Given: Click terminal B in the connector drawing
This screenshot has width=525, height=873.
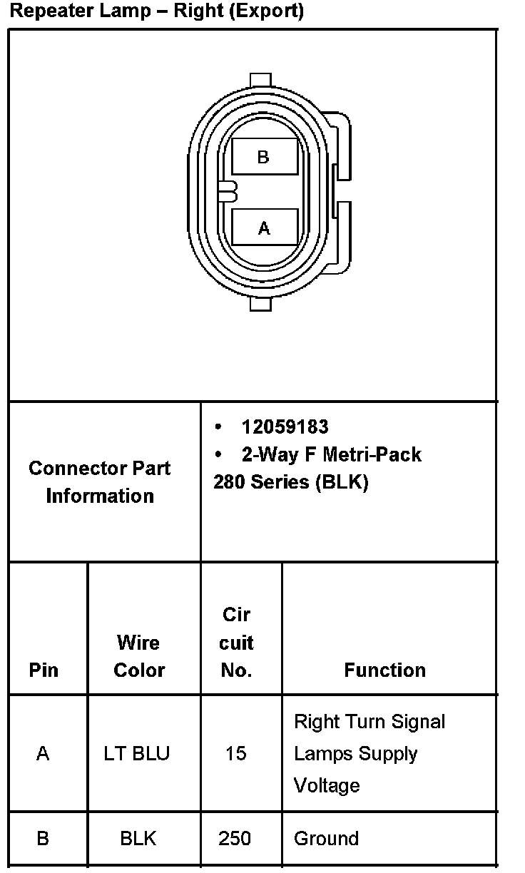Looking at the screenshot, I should [264, 157].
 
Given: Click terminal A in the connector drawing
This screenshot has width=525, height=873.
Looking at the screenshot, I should [265, 228].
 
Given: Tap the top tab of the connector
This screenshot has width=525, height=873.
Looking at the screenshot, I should [261, 80].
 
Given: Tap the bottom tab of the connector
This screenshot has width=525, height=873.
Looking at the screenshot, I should [261, 304].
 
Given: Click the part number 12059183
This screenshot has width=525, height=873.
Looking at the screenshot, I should [285, 427].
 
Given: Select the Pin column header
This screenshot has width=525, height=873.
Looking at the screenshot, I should [44, 670].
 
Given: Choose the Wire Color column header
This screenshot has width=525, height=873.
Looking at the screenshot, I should [139, 656].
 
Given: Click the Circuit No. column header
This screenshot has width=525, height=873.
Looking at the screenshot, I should [236, 643].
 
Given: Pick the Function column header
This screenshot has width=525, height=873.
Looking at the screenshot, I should [384, 670].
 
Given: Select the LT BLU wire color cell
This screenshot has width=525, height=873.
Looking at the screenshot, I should [137, 754].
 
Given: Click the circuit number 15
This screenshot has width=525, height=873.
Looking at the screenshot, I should [235, 754].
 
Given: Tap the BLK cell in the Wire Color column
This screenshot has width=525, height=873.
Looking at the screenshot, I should [138, 839].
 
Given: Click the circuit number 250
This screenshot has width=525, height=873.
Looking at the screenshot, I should [235, 839].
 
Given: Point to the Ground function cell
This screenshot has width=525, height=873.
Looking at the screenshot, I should [326, 839].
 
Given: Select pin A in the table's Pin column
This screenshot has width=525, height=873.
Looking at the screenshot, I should [43, 754].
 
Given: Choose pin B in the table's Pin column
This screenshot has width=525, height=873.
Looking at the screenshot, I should [43, 839].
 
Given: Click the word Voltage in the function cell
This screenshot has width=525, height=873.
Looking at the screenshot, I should [327, 786].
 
